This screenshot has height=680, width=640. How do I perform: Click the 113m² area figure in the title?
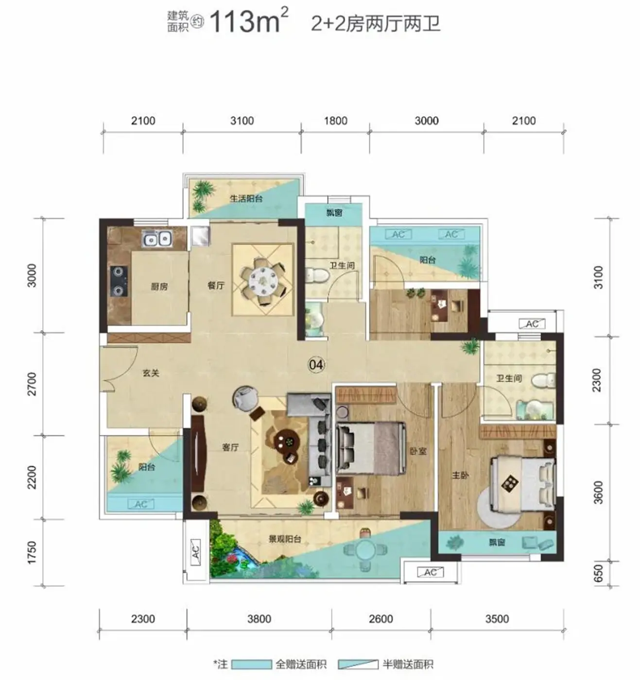click(x=249, y=21)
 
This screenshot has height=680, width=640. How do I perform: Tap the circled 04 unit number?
click(x=316, y=365)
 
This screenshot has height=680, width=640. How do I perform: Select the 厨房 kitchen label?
click(x=159, y=286)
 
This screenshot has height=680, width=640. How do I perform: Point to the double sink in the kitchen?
click(x=156, y=238)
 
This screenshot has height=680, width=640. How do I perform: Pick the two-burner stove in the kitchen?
click(x=119, y=281)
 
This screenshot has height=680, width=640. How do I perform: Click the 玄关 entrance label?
click(x=151, y=373)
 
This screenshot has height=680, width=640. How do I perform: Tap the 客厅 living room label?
click(x=230, y=447)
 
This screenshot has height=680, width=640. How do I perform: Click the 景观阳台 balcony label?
click(x=285, y=539)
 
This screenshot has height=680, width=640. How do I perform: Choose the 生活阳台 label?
click(x=246, y=199)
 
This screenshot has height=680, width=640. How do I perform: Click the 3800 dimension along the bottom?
click(x=259, y=619)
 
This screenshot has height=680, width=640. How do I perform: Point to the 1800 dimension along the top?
click(x=336, y=120)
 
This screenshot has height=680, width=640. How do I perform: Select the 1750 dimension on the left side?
click(x=31, y=552)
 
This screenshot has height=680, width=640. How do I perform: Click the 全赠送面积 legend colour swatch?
click(x=251, y=664)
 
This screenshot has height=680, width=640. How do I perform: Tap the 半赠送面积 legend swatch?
click(x=358, y=664)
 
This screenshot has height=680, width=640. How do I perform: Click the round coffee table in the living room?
click(x=287, y=442)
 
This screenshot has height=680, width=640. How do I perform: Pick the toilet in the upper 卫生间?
click(x=314, y=275)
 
